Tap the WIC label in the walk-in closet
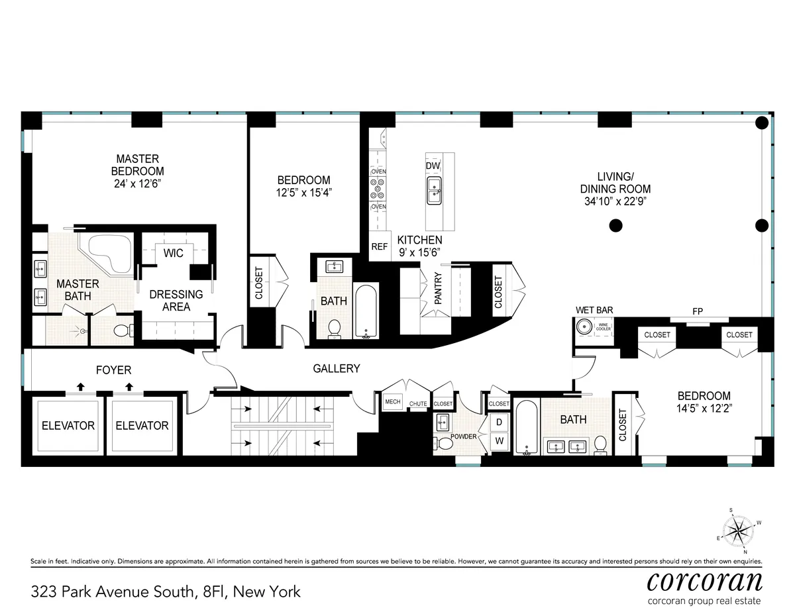point(174,253)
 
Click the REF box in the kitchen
point(379,246)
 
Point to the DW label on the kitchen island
point(433,165)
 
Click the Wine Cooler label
point(604,327)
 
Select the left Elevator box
point(68,425)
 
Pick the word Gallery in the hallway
point(337,368)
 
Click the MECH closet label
point(393,401)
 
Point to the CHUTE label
point(418,403)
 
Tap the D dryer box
point(499,422)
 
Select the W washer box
point(499,440)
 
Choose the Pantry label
point(438,289)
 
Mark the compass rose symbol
point(736,529)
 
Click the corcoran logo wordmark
point(704,581)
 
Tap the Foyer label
point(113,370)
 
